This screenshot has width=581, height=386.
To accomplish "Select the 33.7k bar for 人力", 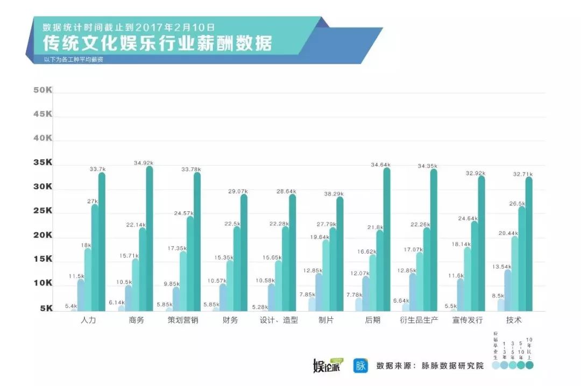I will click(x=102, y=242).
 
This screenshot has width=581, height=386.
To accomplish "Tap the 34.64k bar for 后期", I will click(x=386, y=240).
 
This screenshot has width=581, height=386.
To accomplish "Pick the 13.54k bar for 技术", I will click(x=507, y=290).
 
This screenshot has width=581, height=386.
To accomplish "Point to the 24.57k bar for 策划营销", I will click(x=190, y=263).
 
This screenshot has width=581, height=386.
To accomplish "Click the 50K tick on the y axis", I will click(x=42, y=90).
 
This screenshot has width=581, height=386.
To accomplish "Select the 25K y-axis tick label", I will click(x=42, y=211).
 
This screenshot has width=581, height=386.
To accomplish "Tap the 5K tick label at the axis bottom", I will click(x=46, y=309).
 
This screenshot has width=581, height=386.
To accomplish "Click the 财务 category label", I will click(x=230, y=320).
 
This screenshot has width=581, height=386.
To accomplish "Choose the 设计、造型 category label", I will click(x=278, y=320).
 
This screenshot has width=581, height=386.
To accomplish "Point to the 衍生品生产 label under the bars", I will click(x=419, y=320).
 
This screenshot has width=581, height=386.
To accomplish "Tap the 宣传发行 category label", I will click(x=467, y=320).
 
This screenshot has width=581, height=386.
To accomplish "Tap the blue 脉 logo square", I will click(x=360, y=366).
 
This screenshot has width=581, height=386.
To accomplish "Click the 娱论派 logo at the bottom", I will click(x=327, y=366).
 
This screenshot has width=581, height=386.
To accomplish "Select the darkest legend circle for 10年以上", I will click(x=529, y=365).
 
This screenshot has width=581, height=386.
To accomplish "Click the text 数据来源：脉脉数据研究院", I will click(x=430, y=366).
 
